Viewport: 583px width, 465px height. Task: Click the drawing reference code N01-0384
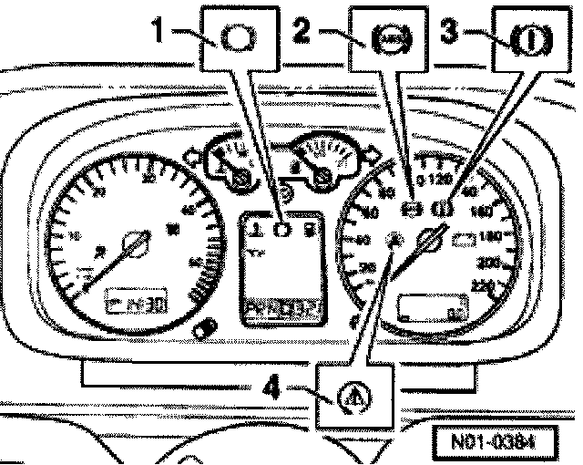point(492,442)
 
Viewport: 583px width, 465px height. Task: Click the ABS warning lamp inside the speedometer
point(394,240)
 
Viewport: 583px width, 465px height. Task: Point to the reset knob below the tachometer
point(205,326)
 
